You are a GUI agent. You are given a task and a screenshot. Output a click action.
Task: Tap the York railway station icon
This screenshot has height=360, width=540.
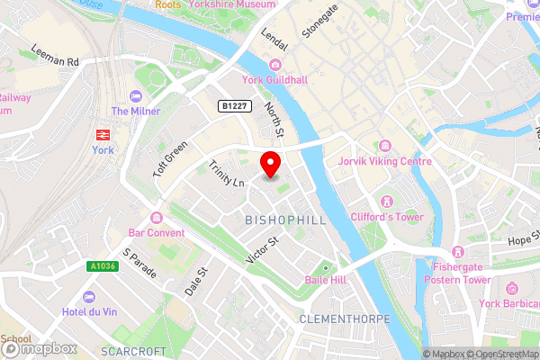click(x=103, y=133)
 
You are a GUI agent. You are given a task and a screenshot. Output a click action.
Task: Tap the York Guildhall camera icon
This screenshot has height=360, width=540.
click(x=274, y=65)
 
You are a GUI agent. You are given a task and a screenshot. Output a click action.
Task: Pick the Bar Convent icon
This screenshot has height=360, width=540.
click(x=157, y=217)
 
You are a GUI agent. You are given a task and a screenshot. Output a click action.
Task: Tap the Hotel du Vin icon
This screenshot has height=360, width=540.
click(x=88, y=297)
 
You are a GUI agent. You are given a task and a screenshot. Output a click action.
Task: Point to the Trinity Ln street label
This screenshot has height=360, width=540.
click(x=226, y=174)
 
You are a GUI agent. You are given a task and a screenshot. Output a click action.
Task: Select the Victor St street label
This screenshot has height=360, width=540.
click(x=264, y=249)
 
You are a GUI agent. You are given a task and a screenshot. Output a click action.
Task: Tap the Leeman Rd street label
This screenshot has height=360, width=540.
click(x=55, y=56)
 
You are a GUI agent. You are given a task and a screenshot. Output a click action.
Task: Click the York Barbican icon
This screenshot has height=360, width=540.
click(x=511, y=287)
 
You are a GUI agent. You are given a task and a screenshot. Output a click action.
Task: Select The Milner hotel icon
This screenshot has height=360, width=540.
click(x=136, y=96)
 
